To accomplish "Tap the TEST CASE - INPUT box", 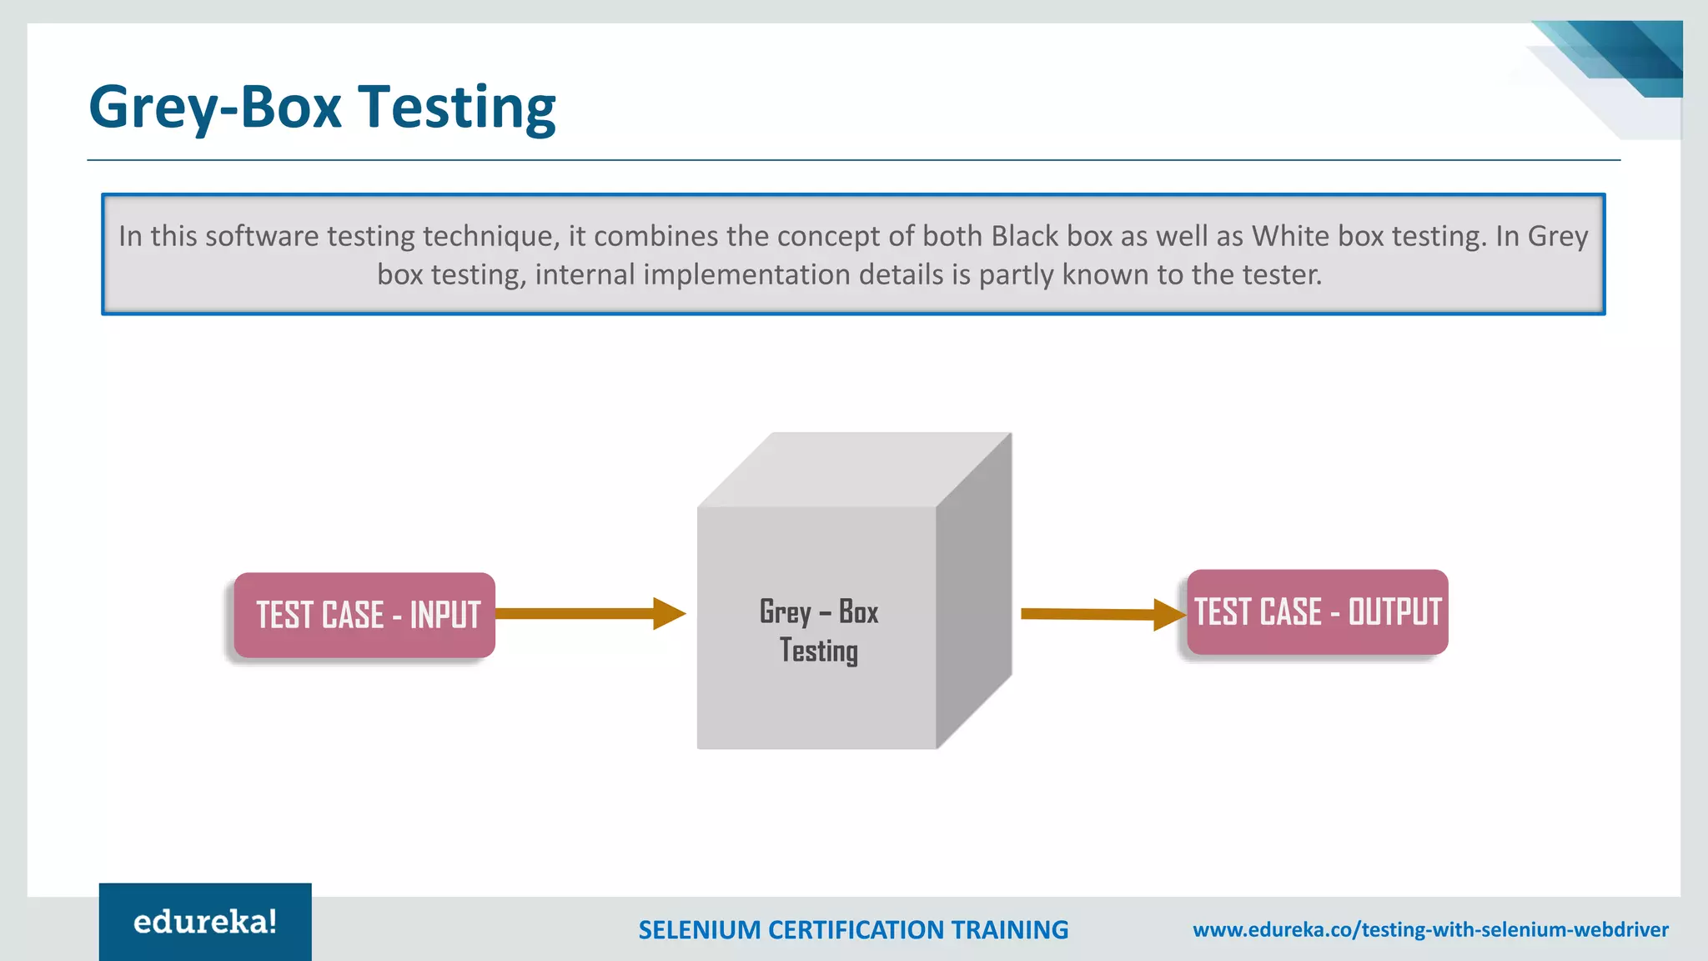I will tap(364, 615).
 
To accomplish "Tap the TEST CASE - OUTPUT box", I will tap(1317, 611).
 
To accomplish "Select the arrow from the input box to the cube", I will tap(589, 614).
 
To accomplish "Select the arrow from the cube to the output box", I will tap(1101, 614).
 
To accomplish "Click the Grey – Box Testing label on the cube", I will tap(818, 631).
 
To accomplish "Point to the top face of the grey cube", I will tap(855, 470).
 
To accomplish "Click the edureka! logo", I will tap(205, 922).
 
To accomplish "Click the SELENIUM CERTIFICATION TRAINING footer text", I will tap(853, 929).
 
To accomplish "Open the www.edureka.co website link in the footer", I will tap(1430, 929).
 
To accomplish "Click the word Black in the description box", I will tap(1024, 236).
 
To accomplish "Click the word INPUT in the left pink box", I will tap(445, 615).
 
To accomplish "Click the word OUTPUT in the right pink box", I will tap(1394, 611).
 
